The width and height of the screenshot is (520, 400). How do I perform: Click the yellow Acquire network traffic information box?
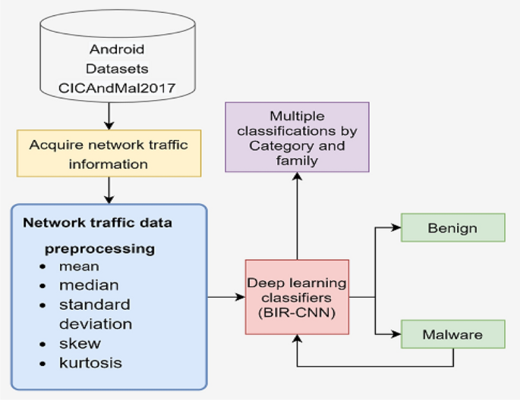pos(109,152)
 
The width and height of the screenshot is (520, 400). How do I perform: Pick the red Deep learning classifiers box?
pos(297,296)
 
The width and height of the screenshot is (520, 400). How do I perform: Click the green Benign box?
pos(452,228)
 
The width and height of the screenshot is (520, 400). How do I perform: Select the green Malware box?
pos(452,334)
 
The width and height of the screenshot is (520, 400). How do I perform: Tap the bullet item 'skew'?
pos(79,344)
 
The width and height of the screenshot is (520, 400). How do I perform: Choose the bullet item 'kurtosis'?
pos(90,363)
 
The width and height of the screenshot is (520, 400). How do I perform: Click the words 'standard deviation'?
pos(95,314)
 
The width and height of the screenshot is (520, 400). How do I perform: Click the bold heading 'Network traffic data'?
pos(97,223)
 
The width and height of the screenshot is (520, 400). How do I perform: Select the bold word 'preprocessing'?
pos(99,248)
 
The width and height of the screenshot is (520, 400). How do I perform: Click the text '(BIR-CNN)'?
pos(297,311)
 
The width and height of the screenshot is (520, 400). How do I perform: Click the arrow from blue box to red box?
pos(225,297)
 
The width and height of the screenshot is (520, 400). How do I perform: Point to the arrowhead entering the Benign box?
pos(396,227)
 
